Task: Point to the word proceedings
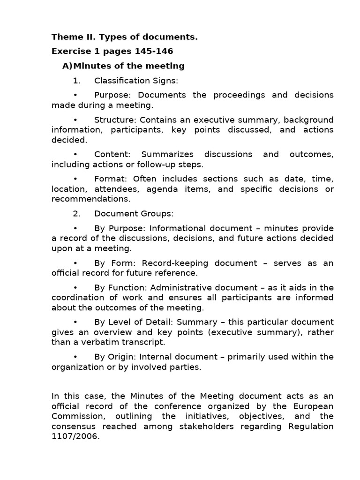(x=238, y=95)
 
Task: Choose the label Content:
(x=113, y=154)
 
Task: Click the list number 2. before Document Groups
(x=77, y=214)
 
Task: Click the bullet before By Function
(x=76, y=287)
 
